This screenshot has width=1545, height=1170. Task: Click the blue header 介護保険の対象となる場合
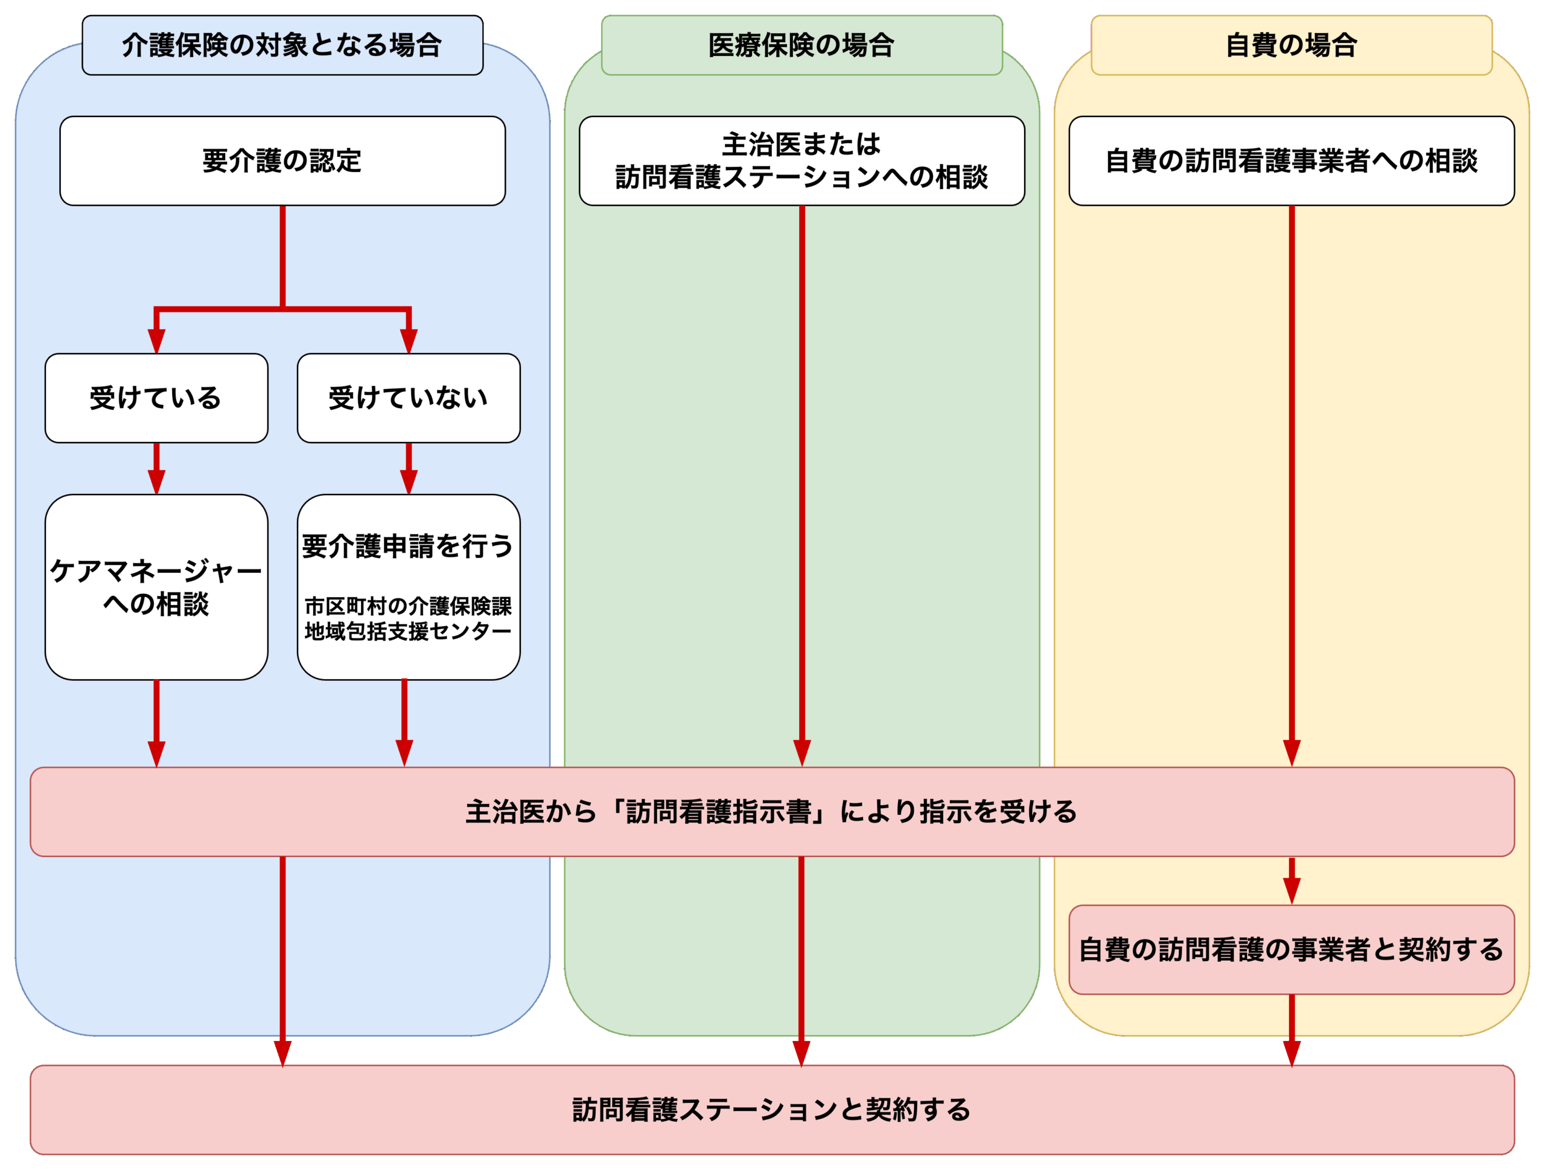[282, 45]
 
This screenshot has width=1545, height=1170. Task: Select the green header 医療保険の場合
[801, 45]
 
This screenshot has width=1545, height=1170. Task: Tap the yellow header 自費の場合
[1291, 45]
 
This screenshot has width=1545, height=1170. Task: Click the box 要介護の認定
[282, 160]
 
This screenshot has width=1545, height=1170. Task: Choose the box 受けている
[156, 398]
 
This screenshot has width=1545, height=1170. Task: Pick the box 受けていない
[409, 398]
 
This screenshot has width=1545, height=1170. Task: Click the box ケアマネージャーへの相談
[156, 587]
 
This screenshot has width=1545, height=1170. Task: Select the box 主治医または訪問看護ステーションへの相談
[801, 160]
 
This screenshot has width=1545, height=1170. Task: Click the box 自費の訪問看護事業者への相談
[1291, 160]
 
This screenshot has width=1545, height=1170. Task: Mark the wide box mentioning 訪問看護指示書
[772, 812]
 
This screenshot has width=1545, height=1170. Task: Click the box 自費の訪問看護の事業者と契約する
[1291, 949]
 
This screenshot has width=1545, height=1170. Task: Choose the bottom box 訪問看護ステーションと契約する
[772, 1109]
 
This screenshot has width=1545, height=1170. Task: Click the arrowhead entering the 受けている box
[156, 341]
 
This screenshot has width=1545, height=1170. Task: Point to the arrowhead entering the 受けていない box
[409, 341]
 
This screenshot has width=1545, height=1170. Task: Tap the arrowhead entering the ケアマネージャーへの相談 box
[156, 482]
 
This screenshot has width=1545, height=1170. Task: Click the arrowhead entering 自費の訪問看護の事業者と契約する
[1292, 891]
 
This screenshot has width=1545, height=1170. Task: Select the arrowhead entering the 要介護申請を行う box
[409, 482]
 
